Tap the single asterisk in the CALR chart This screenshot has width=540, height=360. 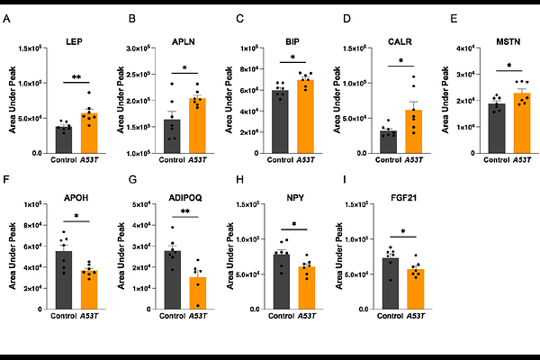[400, 61]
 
